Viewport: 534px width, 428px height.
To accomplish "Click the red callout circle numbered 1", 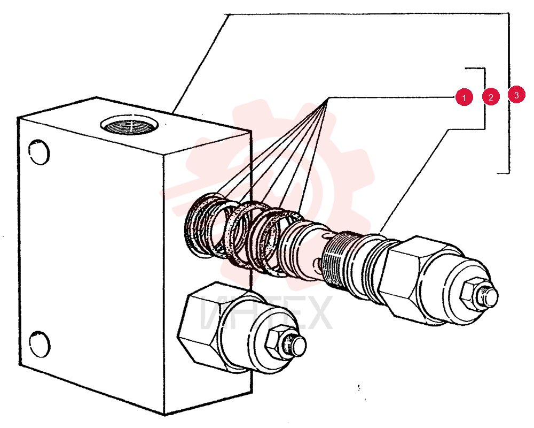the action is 464,97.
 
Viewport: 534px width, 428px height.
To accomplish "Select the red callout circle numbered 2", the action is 491,97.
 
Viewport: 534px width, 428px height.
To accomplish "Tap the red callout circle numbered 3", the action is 516,95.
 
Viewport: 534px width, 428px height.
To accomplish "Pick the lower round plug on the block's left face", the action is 40,344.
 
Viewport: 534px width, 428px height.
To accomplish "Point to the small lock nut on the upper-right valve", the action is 470,293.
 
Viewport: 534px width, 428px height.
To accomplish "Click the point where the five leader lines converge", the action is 328,98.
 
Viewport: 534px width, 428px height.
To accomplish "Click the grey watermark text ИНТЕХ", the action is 266,314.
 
